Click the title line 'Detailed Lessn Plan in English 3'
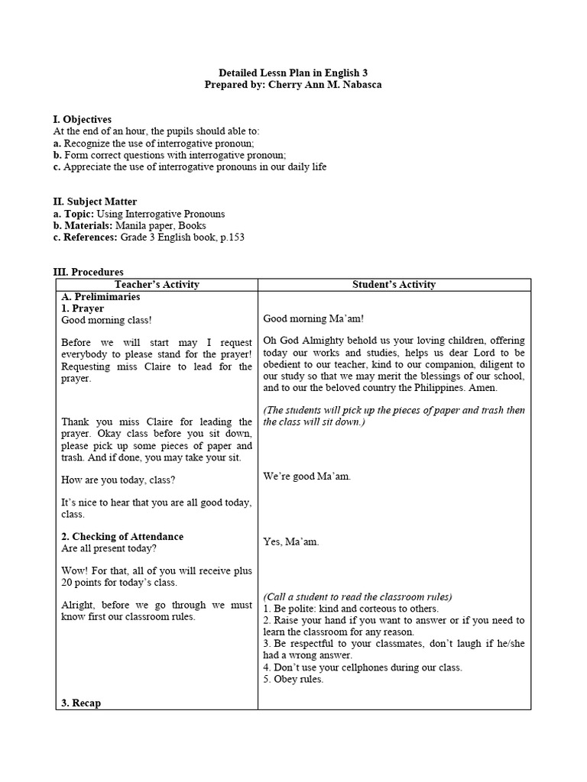tap(293, 72)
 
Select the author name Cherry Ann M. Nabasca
tap(325, 84)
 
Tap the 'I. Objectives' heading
tap(82, 119)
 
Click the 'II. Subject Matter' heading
tap(95, 202)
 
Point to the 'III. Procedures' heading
tap(88, 272)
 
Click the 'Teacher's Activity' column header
tap(157, 285)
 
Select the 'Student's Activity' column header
tap(394, 285)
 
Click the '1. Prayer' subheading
tap(82, 309)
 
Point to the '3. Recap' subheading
tap(81, 703)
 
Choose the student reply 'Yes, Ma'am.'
tap(291, 541)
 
